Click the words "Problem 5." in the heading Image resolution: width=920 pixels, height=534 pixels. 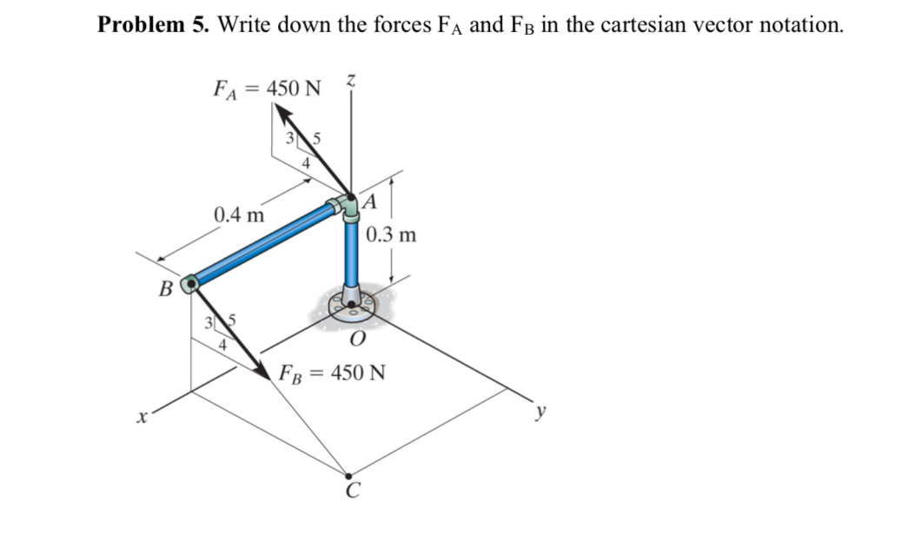coord(153,24)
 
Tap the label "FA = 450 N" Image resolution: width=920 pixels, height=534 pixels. coord(267,88)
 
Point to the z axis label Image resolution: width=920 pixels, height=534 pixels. coord(350,80)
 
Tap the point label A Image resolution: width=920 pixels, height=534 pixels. coord(371,202)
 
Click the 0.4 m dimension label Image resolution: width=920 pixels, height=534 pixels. coord(239,214)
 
